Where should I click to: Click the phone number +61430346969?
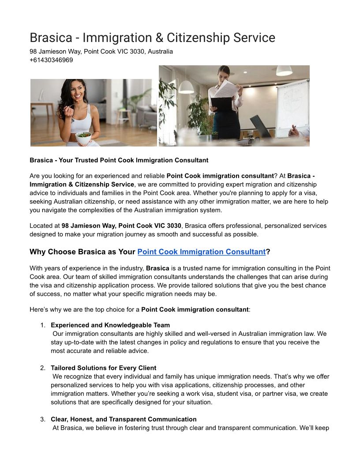point(51,60)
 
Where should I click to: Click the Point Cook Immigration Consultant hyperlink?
point(202,252)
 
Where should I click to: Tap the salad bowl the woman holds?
point(84,136)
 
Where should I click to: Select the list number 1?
point(43,325)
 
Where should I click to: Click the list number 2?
point(43,368)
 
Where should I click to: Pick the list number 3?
point(43,419)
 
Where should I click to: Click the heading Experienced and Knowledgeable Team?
point(110,325)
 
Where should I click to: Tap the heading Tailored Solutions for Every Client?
point(104,368)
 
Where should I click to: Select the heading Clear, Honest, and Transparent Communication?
point(124,419)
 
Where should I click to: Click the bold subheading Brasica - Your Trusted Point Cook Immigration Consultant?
point(119,160)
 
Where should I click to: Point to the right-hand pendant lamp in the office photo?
point(284,71)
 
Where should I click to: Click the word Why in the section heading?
point(38,252)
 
